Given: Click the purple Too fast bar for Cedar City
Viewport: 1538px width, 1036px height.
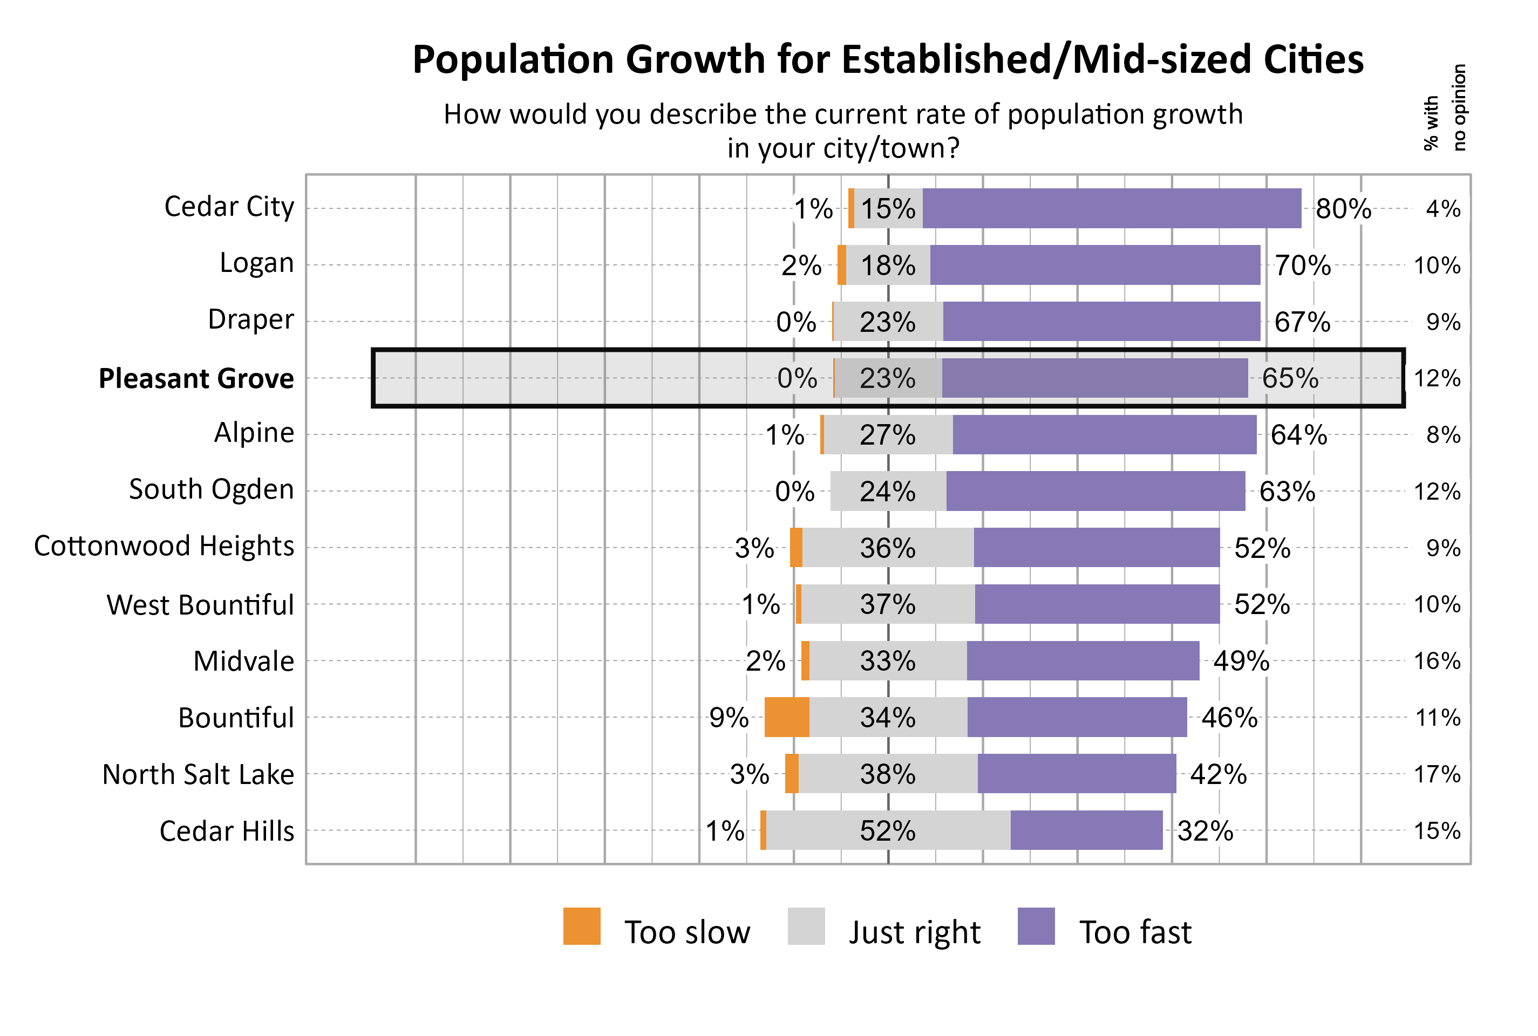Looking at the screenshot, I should point(1111,208).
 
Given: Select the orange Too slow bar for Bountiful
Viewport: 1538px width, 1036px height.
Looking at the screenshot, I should point(786,717).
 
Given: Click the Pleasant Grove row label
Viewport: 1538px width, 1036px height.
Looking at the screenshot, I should point(196,379).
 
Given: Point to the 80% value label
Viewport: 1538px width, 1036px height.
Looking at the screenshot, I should point(1343,209).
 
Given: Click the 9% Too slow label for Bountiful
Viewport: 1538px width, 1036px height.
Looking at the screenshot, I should point(729,718).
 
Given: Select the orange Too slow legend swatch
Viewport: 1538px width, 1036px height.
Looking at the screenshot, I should point(581,926).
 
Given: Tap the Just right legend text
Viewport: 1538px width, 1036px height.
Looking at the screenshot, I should point(914,932).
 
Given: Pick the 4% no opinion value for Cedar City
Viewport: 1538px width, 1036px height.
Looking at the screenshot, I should point(1442,209).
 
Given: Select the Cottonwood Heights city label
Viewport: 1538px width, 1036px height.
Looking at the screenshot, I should point(164,546).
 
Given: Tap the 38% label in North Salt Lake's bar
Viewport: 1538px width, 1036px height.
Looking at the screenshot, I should point(887,774).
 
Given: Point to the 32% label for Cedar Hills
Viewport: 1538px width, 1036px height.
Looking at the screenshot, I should point(1204,830).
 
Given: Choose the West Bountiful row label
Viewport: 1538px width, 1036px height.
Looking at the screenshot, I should point(200,604).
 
